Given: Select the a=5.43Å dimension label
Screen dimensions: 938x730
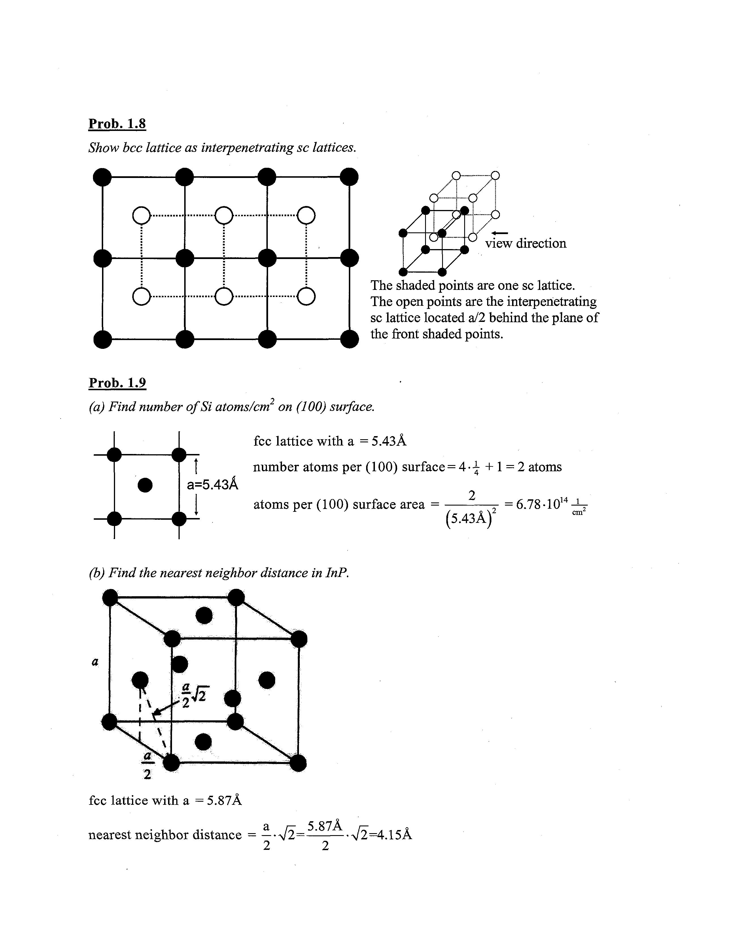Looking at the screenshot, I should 212,485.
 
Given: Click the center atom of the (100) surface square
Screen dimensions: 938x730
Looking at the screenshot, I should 145,485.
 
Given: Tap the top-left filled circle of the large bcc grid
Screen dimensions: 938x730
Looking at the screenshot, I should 102,177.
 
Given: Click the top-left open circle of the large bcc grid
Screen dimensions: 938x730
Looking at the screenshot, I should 141,216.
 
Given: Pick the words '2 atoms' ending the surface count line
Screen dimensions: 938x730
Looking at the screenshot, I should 539,467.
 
